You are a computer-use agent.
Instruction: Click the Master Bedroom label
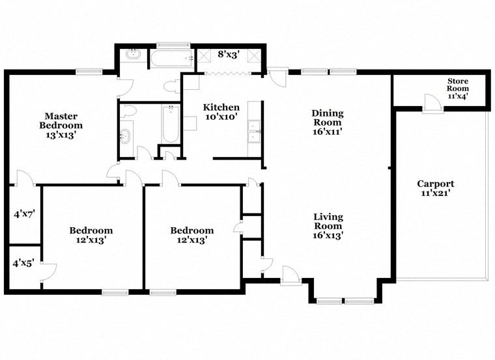[61, 121]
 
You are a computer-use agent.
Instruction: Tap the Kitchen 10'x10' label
[221, 112]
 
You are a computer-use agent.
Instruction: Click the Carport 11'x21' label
[435, 188]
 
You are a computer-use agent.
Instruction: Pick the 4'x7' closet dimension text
[23, 213]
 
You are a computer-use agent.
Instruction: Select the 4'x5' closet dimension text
[23, 264]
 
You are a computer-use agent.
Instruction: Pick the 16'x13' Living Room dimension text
[328, 236]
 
